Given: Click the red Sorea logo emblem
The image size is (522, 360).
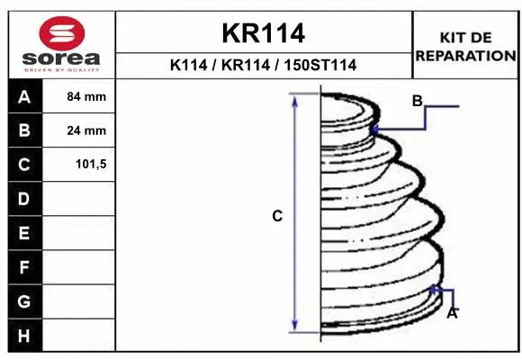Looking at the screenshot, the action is [62, 33].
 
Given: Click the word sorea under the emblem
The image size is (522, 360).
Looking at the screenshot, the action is [61, 58].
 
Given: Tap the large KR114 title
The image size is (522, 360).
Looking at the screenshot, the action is [264, 33].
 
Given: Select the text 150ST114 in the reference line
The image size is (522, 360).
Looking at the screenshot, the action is [319, 65].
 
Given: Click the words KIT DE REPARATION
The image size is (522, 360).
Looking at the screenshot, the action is [465, 47].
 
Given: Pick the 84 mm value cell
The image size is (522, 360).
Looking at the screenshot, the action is [79, 96].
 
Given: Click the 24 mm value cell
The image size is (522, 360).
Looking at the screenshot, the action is [79, 130].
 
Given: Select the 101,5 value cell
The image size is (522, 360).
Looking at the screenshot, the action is [79, 165].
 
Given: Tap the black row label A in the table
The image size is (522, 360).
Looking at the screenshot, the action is [25, 96].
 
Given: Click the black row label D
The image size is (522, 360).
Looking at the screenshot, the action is [25, 199].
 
